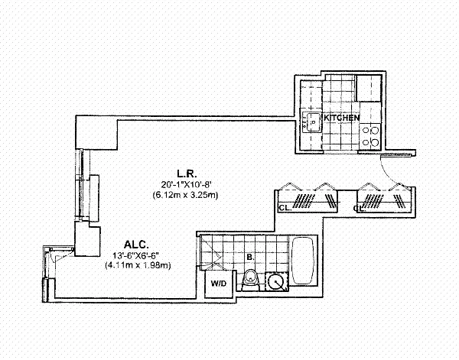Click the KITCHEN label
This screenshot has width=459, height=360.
[x=342, y=118]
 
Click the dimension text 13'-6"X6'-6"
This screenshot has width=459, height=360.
[x=137, y=255]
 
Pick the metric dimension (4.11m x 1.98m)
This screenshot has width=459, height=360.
[x=137, y=265]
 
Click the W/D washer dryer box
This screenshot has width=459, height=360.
[x=219, y=284]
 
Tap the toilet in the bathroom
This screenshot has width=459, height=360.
[x=249, y=282]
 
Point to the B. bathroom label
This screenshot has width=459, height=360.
[x=251, y=257]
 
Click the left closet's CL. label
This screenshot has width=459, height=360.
[x=284, y=208]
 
